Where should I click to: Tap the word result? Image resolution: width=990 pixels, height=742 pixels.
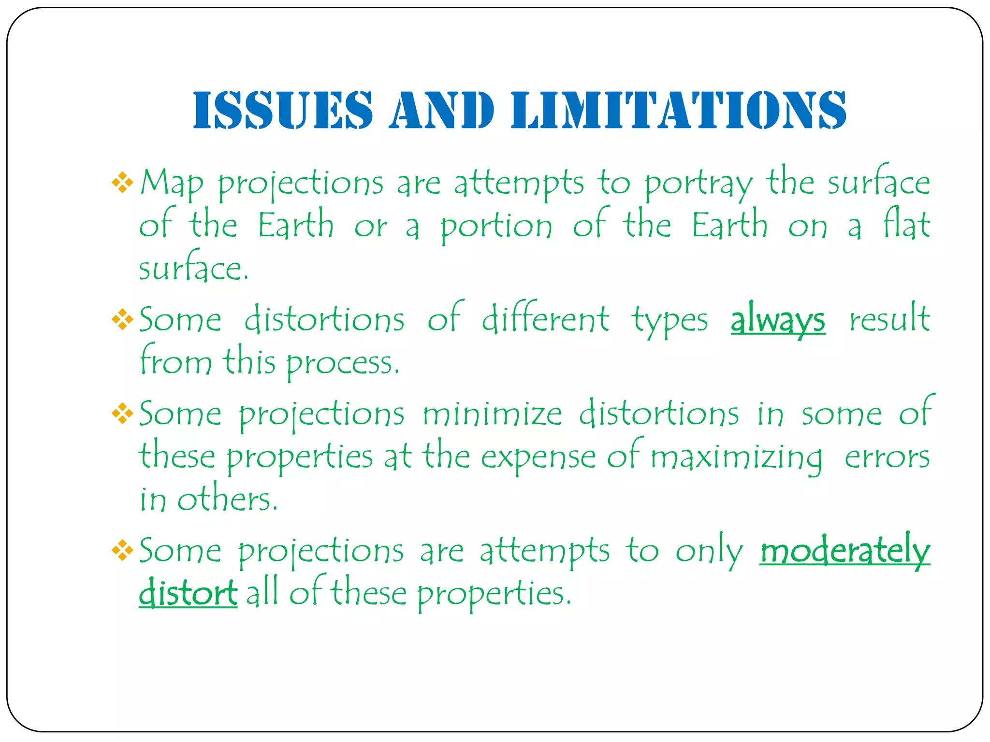[889, 319]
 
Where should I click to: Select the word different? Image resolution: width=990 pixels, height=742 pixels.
[545, 319]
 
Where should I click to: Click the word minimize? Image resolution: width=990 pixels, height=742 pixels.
[492, 414]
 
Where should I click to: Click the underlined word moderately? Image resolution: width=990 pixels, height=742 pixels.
[845, 551]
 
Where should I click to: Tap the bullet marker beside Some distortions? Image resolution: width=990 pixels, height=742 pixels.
[122, 319]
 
